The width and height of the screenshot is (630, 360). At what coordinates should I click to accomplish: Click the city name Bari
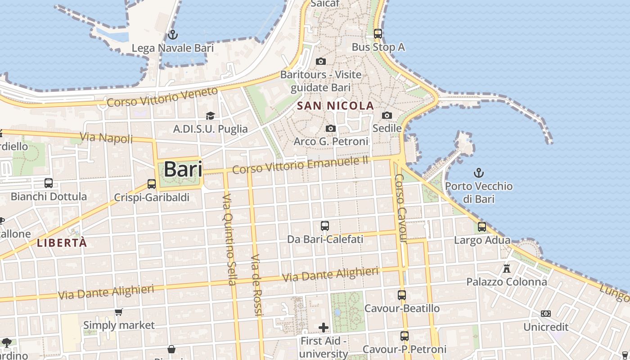[183, 170]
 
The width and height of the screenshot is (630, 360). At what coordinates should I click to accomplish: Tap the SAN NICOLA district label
[336, 106]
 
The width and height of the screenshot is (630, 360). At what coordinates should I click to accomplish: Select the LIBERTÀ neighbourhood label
[62, 243]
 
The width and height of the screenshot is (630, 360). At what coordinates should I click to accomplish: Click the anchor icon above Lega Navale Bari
[172, 34]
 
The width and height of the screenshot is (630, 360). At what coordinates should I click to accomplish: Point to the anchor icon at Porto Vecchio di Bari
[479, 172]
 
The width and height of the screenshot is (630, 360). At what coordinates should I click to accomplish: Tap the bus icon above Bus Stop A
[378, 33]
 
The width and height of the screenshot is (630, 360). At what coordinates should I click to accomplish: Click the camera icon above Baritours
[321, 61]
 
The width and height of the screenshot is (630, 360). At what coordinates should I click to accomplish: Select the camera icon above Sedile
[387, 115]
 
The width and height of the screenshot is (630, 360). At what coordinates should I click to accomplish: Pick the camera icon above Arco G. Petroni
[331, 128]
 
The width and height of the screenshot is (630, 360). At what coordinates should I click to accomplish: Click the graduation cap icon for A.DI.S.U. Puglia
[210, 116]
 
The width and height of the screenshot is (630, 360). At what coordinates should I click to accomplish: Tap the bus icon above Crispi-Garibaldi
[152, 184]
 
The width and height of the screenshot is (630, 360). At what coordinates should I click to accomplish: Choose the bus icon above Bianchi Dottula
[49, 183]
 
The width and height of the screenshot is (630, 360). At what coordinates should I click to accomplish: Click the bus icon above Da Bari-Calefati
[325, 226]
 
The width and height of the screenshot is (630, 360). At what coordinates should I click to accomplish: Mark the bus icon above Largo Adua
[482, 226]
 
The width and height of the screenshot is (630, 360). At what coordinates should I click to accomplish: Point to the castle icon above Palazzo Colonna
[507, 269]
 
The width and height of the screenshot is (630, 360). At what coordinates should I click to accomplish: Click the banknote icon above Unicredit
[546, 313]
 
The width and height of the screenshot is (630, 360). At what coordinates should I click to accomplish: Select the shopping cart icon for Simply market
[119, 312]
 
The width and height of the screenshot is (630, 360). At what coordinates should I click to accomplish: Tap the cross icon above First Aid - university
[323, 327]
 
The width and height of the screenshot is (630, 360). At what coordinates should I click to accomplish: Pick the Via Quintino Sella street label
[229, 239]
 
